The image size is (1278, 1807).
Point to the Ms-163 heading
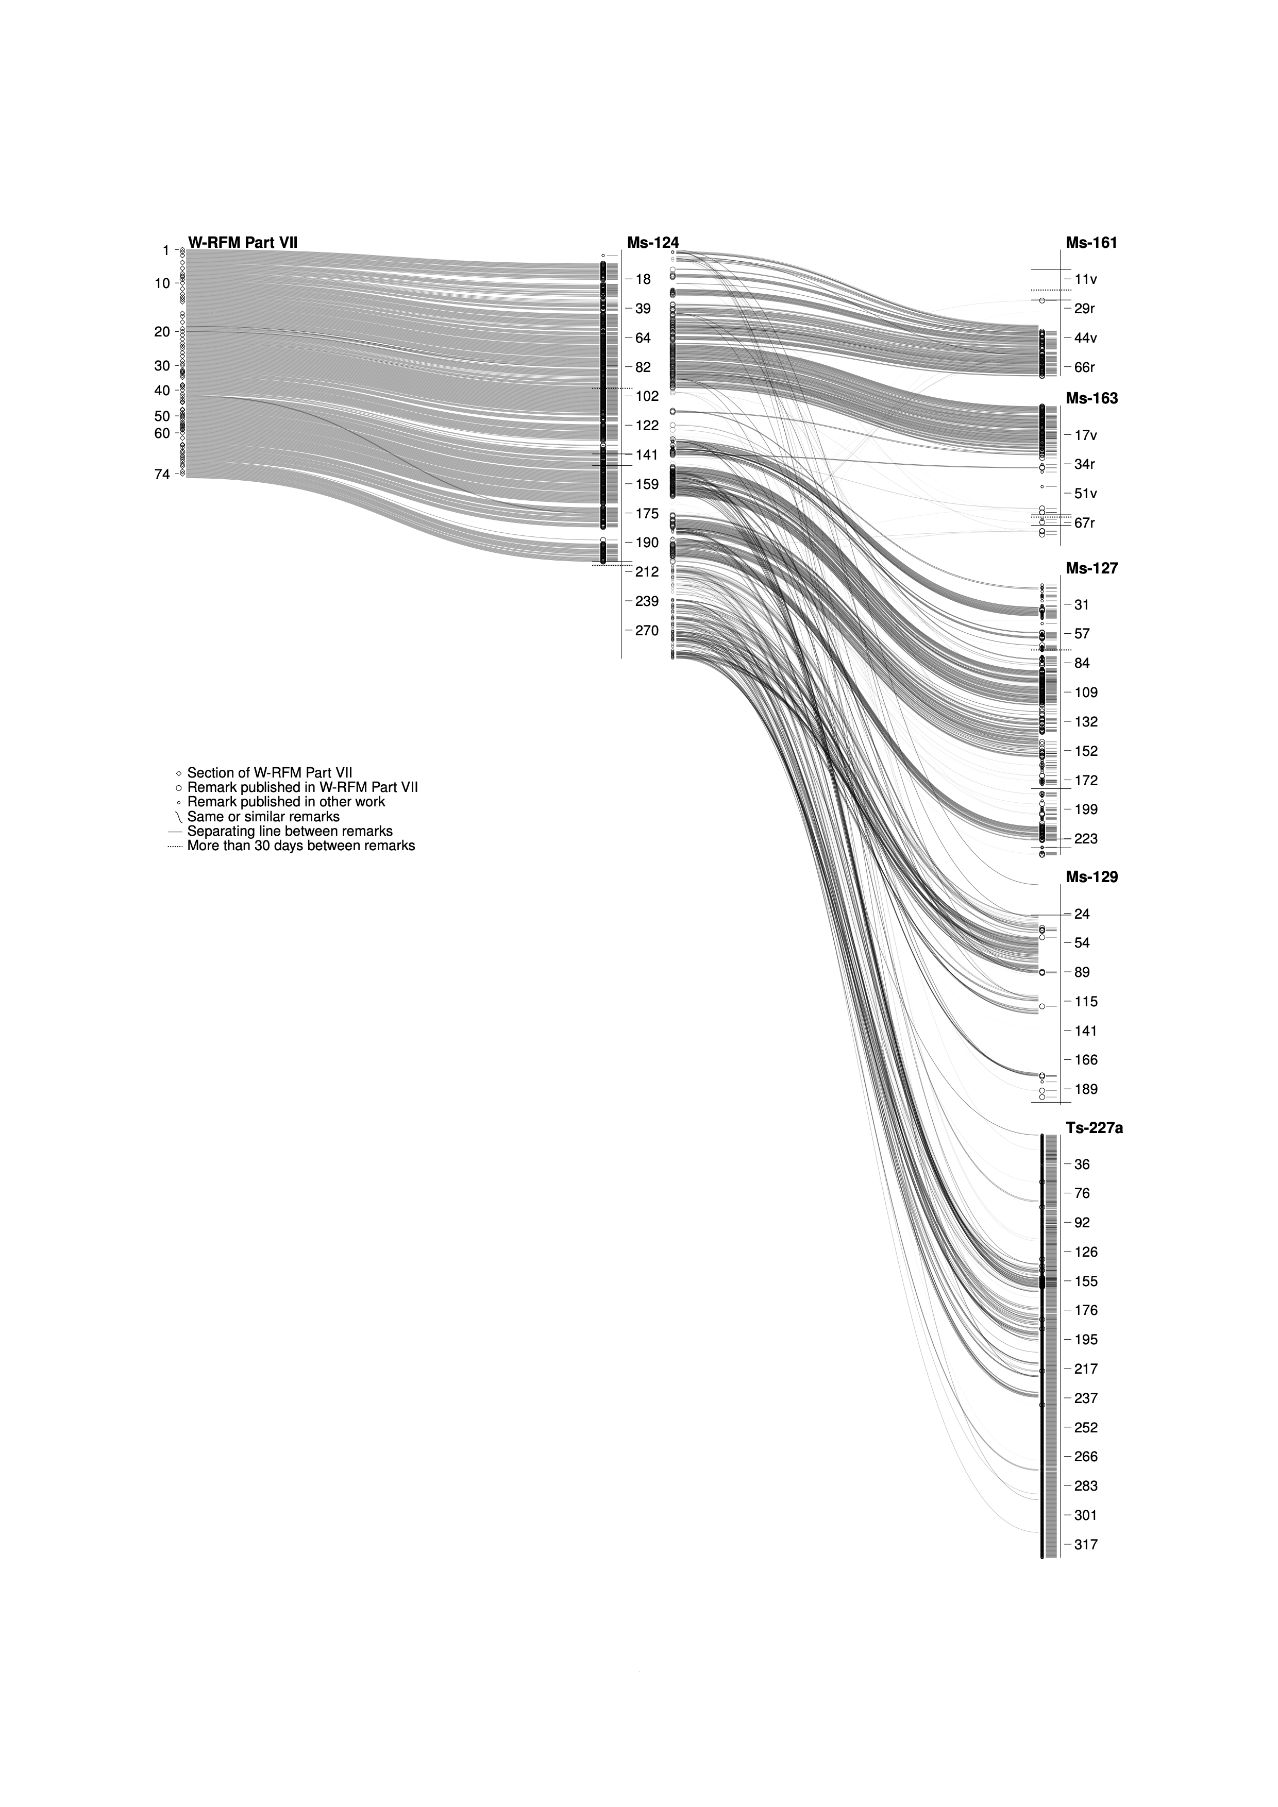coord(1091,398)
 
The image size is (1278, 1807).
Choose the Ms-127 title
coord(1091,568)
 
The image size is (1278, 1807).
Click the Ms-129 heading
coord(1091,877)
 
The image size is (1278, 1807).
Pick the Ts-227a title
coord(1094,1128)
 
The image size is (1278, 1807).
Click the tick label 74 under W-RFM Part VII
coord(162,475)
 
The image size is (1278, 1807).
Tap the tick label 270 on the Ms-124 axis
coord(646,630)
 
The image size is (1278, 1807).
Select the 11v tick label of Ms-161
coord(1085,279)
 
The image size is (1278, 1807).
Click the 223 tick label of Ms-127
coord(1085,839)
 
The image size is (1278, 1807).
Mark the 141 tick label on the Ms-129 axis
coord(1085,1031)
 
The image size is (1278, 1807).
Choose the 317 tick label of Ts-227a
coord(1085,1545)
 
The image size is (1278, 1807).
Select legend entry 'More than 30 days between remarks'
coord(300,846)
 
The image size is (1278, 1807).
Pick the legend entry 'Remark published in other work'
coord(285,802)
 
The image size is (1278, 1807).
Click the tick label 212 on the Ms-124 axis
coord(646,572)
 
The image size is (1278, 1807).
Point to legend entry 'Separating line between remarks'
coord(290,831)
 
